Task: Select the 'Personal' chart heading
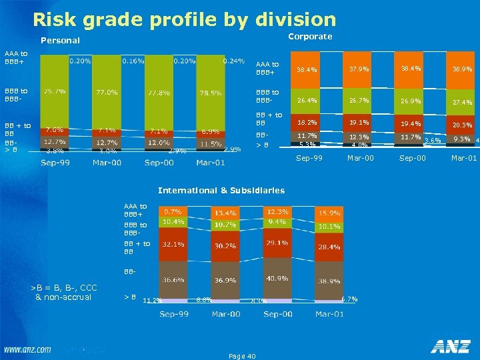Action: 60,41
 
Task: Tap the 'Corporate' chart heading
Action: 310,37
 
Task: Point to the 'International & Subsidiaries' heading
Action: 221,191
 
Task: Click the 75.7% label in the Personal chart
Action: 54,91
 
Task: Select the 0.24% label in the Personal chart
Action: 233,61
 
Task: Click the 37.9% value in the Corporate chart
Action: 359,69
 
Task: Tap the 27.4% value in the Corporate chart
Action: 462,103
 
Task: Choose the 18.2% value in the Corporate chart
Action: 307,123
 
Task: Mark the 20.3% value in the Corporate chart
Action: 462,125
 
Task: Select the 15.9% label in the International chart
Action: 329,213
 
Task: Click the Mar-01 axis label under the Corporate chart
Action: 463,159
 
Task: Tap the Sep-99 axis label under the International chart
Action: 173,313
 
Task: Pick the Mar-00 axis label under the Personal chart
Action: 107,163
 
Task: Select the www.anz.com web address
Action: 28,349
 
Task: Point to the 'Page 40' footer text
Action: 242,357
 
